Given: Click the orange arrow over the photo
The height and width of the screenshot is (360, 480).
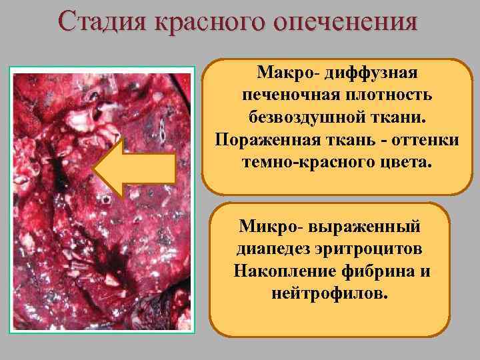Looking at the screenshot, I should click(x=134, y=167).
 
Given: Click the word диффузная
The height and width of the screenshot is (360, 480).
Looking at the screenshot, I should click(x=375, y=71).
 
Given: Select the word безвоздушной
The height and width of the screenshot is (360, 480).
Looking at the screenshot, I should click(x=315, y=118).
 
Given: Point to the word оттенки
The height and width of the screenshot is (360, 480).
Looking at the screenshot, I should click(x=423, y=141).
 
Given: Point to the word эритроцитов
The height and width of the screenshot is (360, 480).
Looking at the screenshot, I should click(x=375, y=249).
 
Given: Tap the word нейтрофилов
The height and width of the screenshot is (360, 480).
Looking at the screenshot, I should click(x=329, y=295).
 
